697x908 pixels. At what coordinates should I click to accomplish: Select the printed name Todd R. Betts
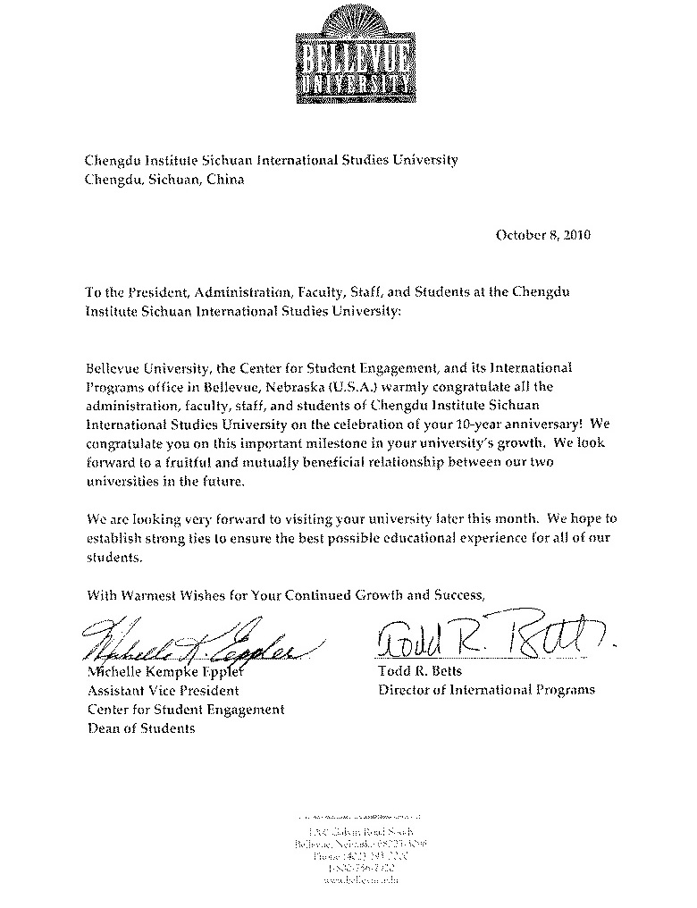(415, 671)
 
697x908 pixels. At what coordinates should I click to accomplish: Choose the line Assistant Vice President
(163, 690)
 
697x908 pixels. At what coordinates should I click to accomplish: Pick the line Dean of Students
(140, 727)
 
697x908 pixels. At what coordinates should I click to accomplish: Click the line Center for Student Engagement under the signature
(186, 709)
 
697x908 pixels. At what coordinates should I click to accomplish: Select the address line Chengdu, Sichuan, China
(164, 179)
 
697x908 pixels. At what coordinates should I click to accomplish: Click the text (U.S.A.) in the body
(353, 386)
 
